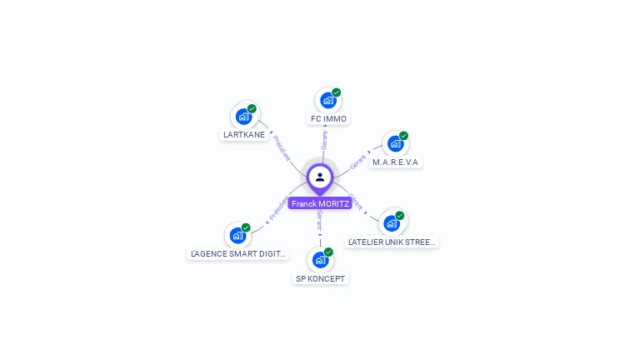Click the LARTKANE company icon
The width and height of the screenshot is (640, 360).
(x=243, y=116)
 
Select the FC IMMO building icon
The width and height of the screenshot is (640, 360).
(x=327, y=100)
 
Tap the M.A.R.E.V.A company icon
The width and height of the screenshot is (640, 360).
(x=395, y=143)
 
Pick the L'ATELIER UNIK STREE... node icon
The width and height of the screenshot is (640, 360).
(x=391, y=222)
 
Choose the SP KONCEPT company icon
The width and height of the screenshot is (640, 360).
(x=320, y=259)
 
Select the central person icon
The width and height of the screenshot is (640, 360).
(x=320, y=177)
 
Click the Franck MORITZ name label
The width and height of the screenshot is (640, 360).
(x=320, y=203)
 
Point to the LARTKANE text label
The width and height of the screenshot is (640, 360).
(x=244, y=134)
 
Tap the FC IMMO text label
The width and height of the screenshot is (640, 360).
(x=328, y=119)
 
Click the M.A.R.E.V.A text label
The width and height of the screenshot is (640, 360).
(x=395, y=162)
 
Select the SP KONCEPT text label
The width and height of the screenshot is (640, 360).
(x=320, y=278)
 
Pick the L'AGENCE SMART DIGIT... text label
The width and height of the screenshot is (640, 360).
(x=238, y=253)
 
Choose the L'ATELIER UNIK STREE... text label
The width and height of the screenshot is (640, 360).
(x=392, y=242)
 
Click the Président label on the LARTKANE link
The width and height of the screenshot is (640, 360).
(x=282, y=147)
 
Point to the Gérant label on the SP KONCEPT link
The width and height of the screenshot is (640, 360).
(x=320, y=221)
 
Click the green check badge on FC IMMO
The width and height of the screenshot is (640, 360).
(x=337, y=92)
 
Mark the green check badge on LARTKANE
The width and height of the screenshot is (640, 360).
(x=252, y=108)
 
